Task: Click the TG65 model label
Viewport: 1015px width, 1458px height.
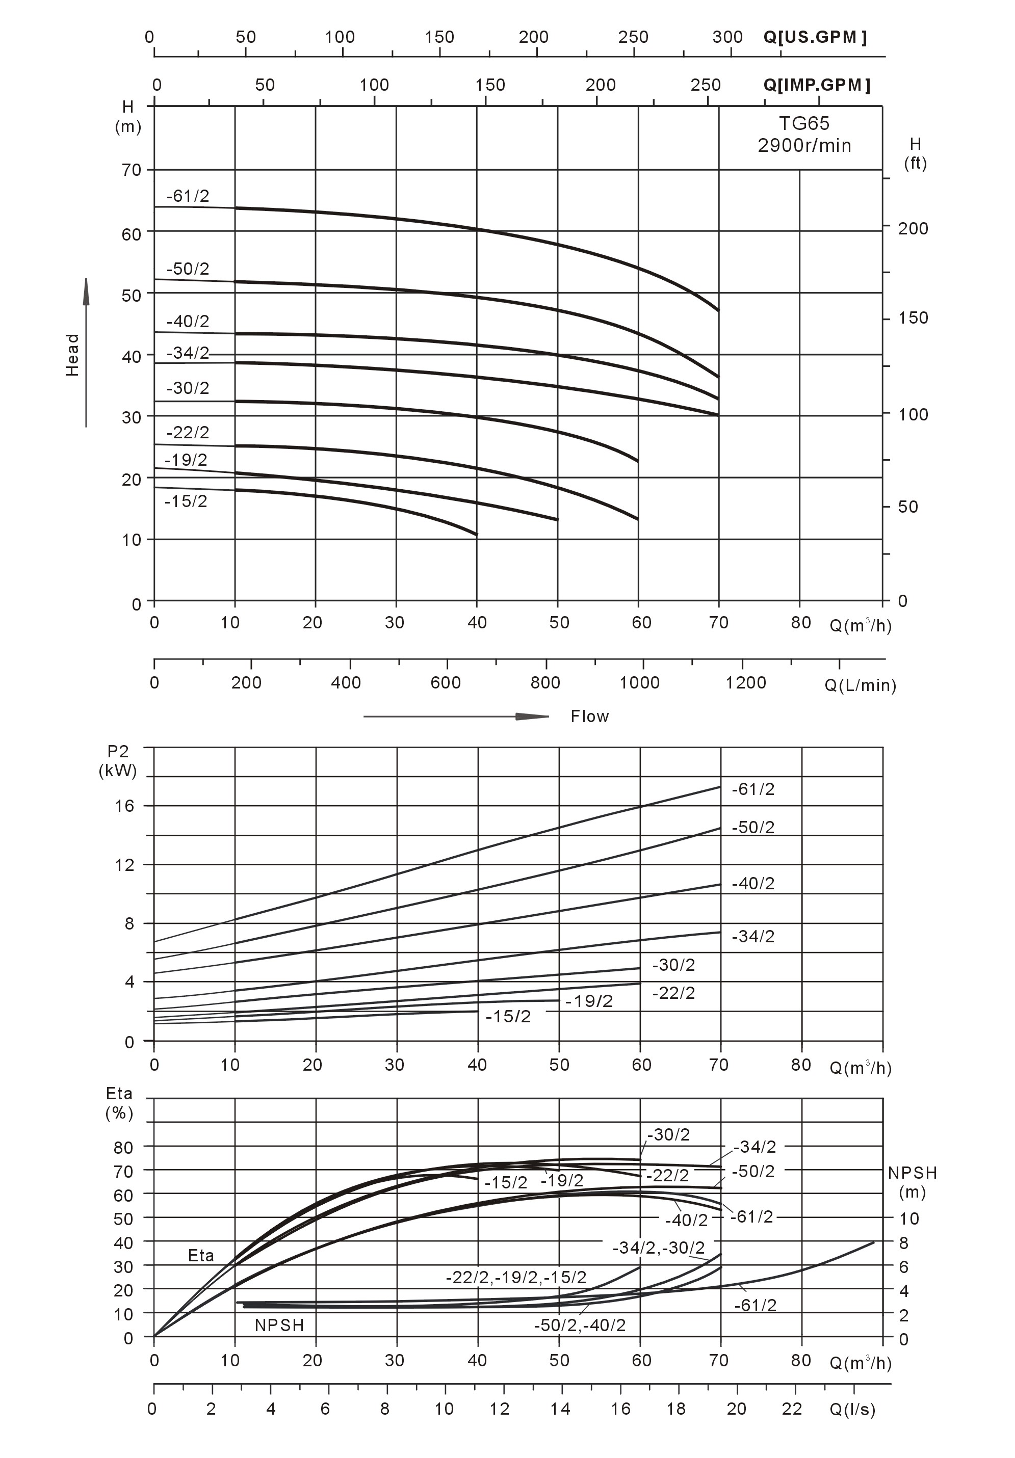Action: (x=803, y=123)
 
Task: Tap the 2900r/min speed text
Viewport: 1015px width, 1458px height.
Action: (x=803, y=145)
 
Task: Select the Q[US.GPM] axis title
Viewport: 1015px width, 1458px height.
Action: (x=814, y=37)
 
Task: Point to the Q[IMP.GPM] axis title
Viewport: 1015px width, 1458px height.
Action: (x=816, y=85)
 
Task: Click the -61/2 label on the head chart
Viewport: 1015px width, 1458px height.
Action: (x=188, y=196)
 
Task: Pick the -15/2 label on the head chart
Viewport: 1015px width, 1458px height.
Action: (x=186, y=501)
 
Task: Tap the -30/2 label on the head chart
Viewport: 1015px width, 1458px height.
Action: (x=188, y=387)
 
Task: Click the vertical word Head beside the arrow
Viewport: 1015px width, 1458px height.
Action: (x=72, y=354)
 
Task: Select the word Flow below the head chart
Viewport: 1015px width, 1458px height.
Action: (x=589, y=717)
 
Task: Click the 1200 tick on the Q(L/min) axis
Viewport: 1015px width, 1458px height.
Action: (x=746, y=683)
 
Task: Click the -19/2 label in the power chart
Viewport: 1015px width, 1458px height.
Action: (x=589, y=1001)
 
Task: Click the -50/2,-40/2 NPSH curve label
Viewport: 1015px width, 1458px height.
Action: (x=579, y=1326)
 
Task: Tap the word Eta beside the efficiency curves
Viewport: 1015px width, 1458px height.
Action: (x=201, y=1256)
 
